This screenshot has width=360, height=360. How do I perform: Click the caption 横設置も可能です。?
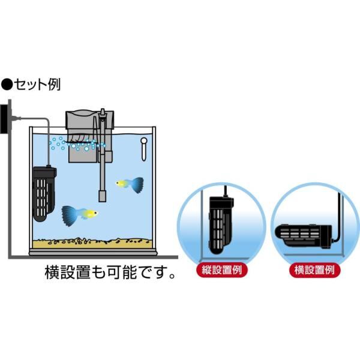[x=111, y=273]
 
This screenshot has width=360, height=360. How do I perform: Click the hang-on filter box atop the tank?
[x=84, y=135]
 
